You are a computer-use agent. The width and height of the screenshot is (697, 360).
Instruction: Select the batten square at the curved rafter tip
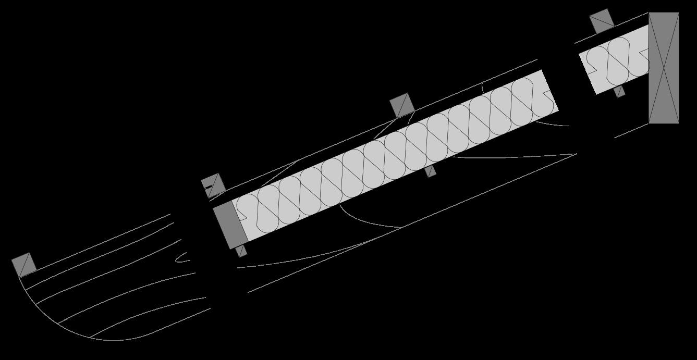click(23, 265)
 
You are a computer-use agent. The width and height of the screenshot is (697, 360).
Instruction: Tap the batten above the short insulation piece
click(602, 21)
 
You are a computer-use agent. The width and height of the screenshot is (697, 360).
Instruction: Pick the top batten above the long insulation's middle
click(402, 105)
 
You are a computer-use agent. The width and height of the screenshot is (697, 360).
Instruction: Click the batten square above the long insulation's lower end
click(213, 185)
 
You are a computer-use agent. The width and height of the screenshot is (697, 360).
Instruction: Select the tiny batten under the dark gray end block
click(241, 252)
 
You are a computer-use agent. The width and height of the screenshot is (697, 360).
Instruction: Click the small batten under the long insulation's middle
click(431, 171)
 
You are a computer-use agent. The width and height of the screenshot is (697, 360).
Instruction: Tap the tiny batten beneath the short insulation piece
click(619, 92)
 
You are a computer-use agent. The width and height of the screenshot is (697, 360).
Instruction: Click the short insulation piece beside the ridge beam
click(615, 60)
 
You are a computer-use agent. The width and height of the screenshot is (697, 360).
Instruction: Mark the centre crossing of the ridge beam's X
click(664, 68)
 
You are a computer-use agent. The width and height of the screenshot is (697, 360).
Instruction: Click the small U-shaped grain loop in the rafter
click(180, 257)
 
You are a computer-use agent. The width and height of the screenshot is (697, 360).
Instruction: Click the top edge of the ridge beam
click(664, 13)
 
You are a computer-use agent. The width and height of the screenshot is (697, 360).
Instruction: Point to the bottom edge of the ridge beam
click(664, 123)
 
